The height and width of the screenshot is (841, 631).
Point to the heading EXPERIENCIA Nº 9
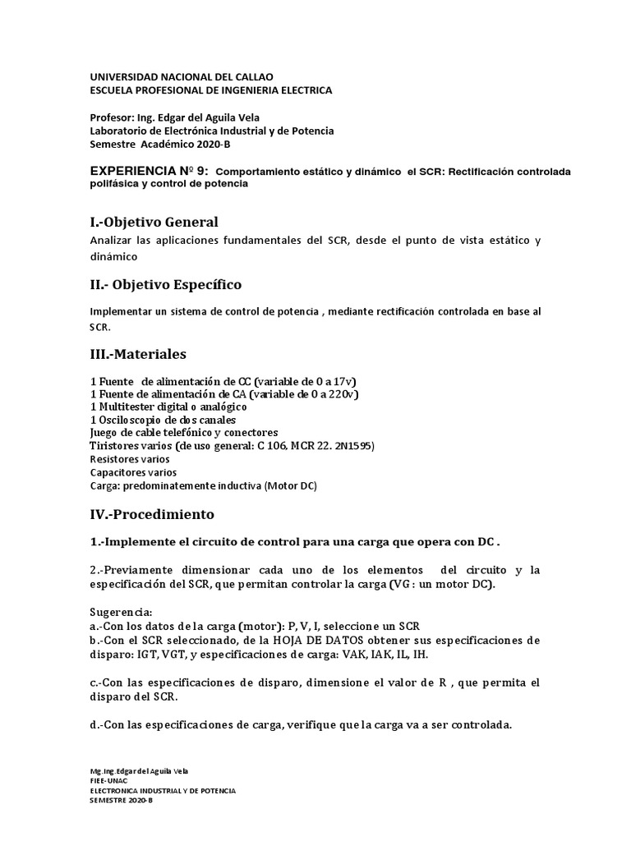pyautogui.click(x=149, y=171)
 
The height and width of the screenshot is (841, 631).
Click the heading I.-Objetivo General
pyautogui.click(x=154, y=222)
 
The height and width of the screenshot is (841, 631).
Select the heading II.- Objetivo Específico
pyautogui.click(x=165, y=285)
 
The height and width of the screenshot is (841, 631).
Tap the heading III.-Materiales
pyautogui.click(x=138, y=354)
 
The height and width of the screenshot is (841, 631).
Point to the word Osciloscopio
pyautogui.click(x=132, y=420)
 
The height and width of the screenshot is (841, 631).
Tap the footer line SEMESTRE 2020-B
pyautogui.click(x=121, y=800)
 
